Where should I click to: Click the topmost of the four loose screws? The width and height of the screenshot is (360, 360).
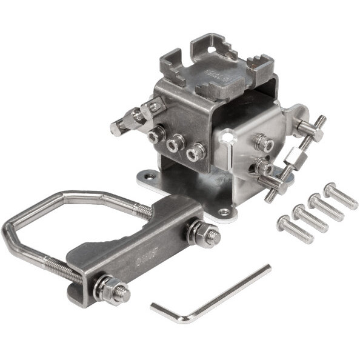click(x=341, y=195)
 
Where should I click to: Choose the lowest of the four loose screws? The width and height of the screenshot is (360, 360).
click(x=295, y=230)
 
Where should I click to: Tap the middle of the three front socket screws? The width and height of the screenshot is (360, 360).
click(x=176, y=144)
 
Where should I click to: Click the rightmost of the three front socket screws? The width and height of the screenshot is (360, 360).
click(x=195, y=153)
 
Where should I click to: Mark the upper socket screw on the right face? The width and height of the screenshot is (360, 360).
click(x=262, y=143)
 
